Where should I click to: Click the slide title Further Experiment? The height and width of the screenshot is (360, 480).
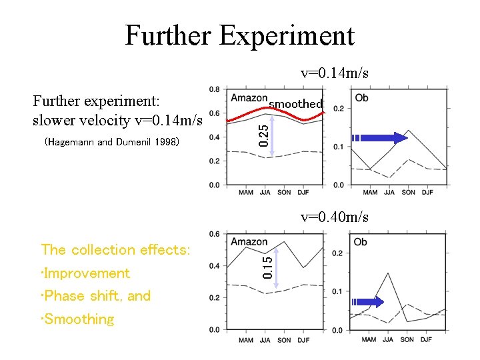pyautogui.click(x=239, y=35)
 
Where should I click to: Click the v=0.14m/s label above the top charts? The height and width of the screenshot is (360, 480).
pyautogui.click(x=334, y=73)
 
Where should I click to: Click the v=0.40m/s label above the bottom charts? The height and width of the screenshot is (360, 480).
pyautogui.click(x=334, y=217)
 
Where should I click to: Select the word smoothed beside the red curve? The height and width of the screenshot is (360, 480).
pyautogui.click(x=295, y=103)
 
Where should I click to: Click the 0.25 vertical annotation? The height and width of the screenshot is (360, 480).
pyautogui.click(x=264, y=133)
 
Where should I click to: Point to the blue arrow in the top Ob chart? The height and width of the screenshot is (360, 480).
pyautogui.click(x=380, y=138)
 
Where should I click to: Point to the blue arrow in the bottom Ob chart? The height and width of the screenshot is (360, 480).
pyautogui.click(x=368, y=302)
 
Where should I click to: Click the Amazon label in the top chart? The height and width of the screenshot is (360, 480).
pyautogui.click(x=249, y=98)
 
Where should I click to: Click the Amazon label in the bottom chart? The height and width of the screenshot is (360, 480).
pyautogui.click(x=249, y=242)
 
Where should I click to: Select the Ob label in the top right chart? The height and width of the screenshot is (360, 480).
pyautogui.click(x=362, y=98)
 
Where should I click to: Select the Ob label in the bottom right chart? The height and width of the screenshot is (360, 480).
pyautogui.click(x=360, y=242)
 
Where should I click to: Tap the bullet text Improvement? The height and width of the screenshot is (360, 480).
pyautogui.click(x=85, y=273)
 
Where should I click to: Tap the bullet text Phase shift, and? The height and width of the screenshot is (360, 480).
pyautogui.click(x=96, y=296)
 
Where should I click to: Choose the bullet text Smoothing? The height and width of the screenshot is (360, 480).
pyautogui.click(x=77, y=319)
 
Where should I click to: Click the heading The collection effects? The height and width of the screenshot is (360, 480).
pyautogui.click(x=115, y=250)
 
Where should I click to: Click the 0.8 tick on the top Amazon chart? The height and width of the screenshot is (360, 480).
pyautogui.click(x=215, y=89)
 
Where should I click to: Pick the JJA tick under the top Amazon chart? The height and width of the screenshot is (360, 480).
pyautogui.click(x=265, y=193)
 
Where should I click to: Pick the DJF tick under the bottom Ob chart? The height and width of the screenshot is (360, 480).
pyautogui.click(x=427, y=340)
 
